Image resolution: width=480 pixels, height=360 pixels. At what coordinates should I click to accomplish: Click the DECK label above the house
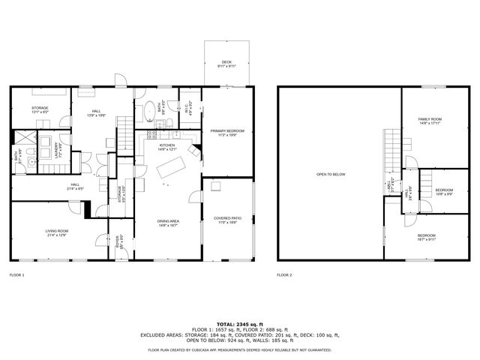pyautogui.click(x=226, y=64)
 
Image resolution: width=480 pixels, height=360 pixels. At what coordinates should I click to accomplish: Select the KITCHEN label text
pyautogui.click(x=166, y=147)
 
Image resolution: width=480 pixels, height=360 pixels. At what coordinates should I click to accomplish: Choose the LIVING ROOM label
pyautogui.click(x=58, y=232)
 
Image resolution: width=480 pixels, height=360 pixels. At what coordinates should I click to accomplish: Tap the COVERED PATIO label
pyautogui.click(x=226, y=220)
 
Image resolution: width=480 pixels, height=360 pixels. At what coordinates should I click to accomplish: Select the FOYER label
pyautogui.click(x=118, y=241)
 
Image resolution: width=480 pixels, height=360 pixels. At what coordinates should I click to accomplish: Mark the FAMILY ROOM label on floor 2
pyautogui.click(x=430, y=121)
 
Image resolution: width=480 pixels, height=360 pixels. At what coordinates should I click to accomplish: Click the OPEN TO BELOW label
pyautogui.click(x=330, y=174)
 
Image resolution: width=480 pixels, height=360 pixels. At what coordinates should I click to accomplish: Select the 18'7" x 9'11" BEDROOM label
pyautogui.click(x=426, y=238)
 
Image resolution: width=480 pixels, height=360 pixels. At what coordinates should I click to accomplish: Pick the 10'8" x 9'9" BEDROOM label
pyautogui.click(x=445, y=192)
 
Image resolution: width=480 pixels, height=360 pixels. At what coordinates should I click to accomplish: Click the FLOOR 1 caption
pyautogui.click(x=17, y=275)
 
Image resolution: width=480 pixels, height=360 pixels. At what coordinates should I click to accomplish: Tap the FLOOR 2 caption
pyautogui.click(x=284, y=275)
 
